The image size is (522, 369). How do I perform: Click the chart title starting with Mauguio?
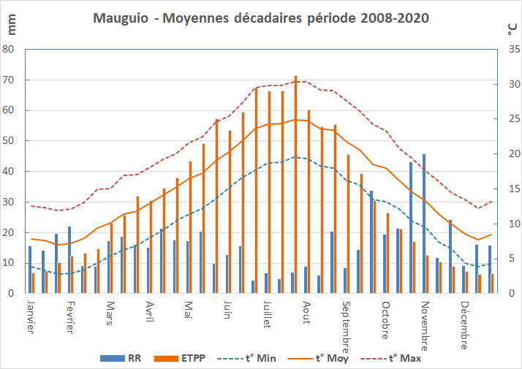[x=261, y=17]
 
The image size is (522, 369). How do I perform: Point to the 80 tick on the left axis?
[x=9, y=49]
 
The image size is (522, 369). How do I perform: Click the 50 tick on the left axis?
[x=9, y=140]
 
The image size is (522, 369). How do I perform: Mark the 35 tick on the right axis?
[x=513, y=49]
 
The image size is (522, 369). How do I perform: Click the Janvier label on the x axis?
[x=30, y=316]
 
